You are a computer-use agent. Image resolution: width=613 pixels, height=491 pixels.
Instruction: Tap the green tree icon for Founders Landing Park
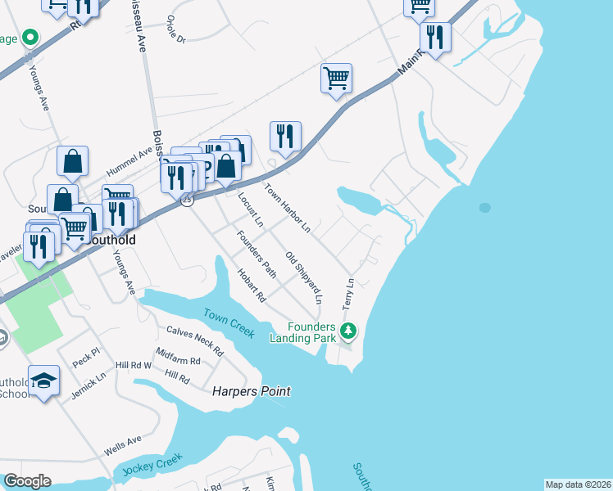click(350, 331)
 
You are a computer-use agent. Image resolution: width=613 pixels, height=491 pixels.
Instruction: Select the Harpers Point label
click(252, 391)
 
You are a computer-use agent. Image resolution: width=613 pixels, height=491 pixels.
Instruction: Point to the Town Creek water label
click(229, 322)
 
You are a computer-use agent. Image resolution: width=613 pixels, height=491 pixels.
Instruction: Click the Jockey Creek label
click(150, 468)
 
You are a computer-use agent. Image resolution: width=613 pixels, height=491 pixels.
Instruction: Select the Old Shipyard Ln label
click(304, 278)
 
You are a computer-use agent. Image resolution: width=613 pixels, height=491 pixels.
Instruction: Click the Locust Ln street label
click(250, 209)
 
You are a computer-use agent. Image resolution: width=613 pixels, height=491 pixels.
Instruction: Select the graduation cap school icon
click(44, 380)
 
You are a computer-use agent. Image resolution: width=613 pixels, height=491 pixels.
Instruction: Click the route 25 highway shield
click(187, 200)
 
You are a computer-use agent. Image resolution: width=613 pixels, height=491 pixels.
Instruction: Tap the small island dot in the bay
click(485, 208)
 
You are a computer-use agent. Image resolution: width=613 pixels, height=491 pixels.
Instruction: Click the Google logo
click(28, 481)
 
